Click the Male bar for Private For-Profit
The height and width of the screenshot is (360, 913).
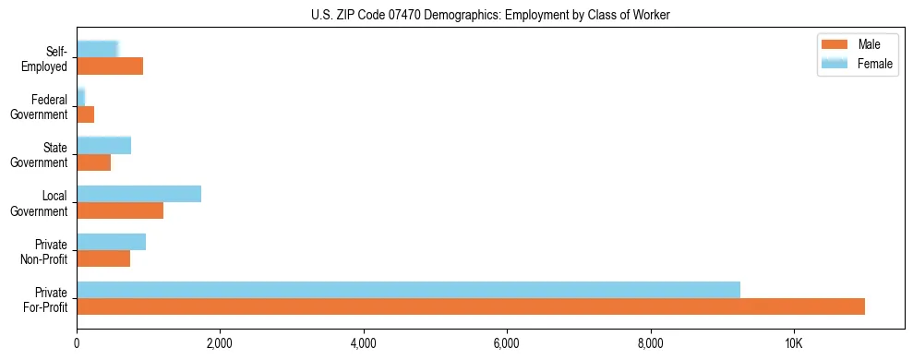tap(471, 306)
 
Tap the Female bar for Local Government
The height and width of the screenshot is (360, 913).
tap(138, 194)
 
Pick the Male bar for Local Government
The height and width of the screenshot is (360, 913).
tap(120, 210)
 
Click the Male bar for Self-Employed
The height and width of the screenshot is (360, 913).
tap(110, 66)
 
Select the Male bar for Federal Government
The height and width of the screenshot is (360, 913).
tap(86, 114)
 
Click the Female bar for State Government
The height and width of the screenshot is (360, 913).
tap(103, 146)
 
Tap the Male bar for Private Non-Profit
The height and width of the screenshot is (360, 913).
tap(103, 258)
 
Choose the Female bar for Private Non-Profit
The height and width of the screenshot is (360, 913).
tap(111, 242)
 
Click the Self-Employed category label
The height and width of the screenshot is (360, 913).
tap(48, 58)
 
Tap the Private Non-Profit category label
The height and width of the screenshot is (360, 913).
tap(45, 251)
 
